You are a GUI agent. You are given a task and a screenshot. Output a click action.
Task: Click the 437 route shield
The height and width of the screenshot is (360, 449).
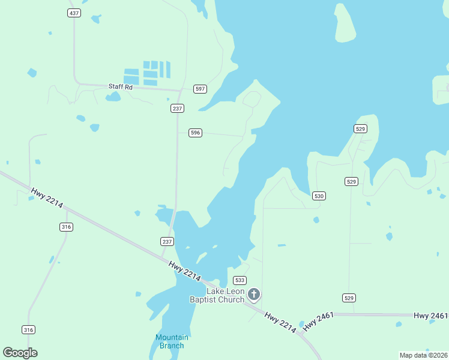(x=74, y=13)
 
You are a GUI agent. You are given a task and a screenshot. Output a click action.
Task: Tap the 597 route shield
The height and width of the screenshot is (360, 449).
(x=200, y=89)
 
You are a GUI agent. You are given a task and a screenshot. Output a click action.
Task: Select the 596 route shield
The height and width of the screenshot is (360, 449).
(x=195, y=133)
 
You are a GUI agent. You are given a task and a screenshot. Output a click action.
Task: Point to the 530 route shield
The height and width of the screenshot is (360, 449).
(x=319, y=196)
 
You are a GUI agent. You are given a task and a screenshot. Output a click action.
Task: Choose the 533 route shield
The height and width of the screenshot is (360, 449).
(x=240, y=280)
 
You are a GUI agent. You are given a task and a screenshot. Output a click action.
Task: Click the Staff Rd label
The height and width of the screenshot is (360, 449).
(x=120, y=86)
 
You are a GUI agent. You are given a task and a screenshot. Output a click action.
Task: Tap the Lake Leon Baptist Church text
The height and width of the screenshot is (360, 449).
(x=217, y=296)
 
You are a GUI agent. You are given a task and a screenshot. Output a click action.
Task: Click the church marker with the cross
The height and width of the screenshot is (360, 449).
(x=254, y=294)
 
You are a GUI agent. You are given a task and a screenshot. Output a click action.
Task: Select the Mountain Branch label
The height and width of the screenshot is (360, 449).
(x=172, y=341)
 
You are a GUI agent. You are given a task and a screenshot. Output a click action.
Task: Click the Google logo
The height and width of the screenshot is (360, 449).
(x=20, y=353)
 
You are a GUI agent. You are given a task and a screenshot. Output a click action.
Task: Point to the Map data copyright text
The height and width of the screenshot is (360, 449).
(x=424, y=355)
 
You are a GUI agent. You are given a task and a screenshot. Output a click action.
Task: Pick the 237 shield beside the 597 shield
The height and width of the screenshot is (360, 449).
(x=177, y=108)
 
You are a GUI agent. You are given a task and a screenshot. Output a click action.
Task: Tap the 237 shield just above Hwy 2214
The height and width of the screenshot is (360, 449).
(x=167, y=241)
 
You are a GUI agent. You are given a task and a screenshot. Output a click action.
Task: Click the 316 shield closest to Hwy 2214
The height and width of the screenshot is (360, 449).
(x=66, y=226)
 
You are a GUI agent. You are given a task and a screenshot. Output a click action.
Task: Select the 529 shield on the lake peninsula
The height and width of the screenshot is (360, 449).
(x=360, y=129)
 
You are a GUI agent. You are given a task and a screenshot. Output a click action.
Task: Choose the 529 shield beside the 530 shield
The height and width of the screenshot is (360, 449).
(x=351, y=181)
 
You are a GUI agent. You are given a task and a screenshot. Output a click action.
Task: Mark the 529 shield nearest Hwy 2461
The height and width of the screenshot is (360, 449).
(x=349, y=298)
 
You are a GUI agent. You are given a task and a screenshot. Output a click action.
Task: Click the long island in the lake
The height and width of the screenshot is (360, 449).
(x=345, y=23)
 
